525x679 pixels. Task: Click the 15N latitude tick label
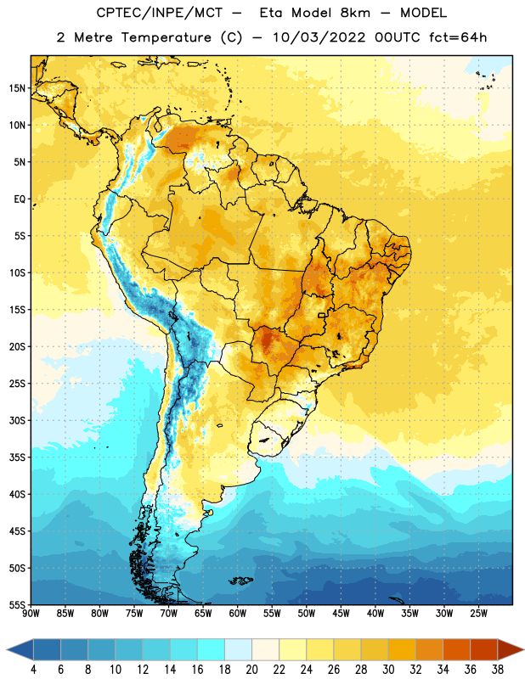17,88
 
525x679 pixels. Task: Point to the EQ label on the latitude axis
20,199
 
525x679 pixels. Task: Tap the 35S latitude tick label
17,457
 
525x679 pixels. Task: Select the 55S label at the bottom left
17,605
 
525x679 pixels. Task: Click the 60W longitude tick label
238,614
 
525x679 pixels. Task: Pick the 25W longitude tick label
478,614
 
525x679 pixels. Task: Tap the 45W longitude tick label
341,614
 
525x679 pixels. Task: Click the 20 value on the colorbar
251,670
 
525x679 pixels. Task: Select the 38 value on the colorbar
498,670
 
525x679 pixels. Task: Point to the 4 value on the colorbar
33,670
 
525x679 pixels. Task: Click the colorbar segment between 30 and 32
402,650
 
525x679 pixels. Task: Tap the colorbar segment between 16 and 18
212,650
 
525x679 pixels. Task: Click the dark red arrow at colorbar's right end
511,650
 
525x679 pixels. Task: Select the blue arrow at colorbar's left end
20,650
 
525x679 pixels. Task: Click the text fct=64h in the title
458,37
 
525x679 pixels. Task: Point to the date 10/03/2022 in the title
319,37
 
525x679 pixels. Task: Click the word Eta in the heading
271,13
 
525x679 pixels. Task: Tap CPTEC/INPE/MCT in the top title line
159,14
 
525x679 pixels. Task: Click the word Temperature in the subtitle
166,37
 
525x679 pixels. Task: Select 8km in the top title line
355,13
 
